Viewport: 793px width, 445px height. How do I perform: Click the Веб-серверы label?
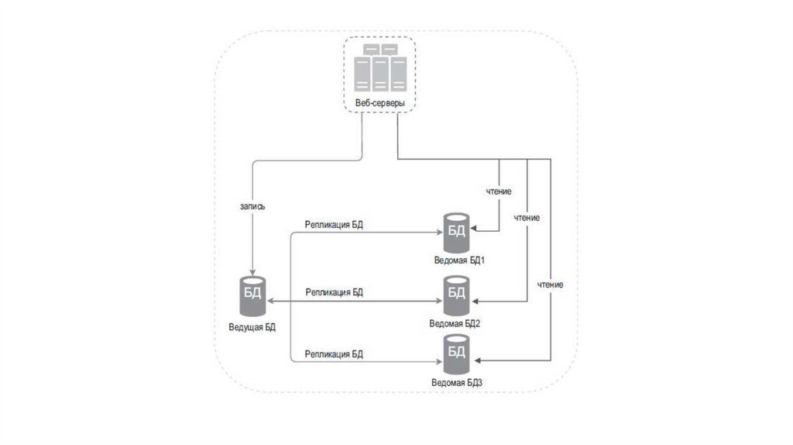tap(379, 103)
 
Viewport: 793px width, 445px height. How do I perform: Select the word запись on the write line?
tap(254, 207)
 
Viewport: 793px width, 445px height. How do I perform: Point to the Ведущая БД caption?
tap(252, 327)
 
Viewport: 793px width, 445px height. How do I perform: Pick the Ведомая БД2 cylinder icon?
tap(456, 292)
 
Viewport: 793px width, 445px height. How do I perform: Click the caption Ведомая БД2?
tap(455, 323)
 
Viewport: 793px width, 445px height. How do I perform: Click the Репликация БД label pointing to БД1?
tap(335, 225)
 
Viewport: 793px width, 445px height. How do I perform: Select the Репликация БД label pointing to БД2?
tap(335, 292)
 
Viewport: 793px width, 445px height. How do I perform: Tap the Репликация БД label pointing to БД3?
tap(335, 354)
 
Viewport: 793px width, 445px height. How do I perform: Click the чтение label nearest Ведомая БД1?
tap(498, 191)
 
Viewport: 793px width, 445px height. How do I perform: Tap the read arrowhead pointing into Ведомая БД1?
tap(475, 230)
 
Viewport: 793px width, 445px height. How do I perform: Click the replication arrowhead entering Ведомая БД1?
tap(438, 231)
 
